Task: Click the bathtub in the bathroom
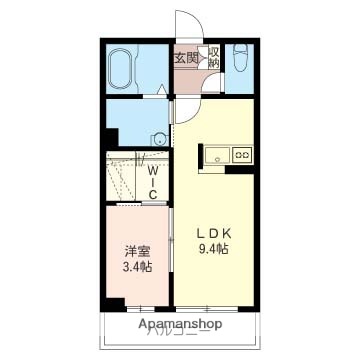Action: click(x=122, y=69)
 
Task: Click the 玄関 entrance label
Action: click(x=186, y=58)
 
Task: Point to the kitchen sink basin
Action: click(x=218, y=155)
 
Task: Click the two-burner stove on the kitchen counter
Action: click(x=242, y=155)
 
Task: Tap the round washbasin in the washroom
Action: click(x=157, y=140)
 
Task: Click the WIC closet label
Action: click(x=153, y=181)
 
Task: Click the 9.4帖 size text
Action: click(x=212, y=246)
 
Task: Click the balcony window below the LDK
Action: click(x=211, y=306)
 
